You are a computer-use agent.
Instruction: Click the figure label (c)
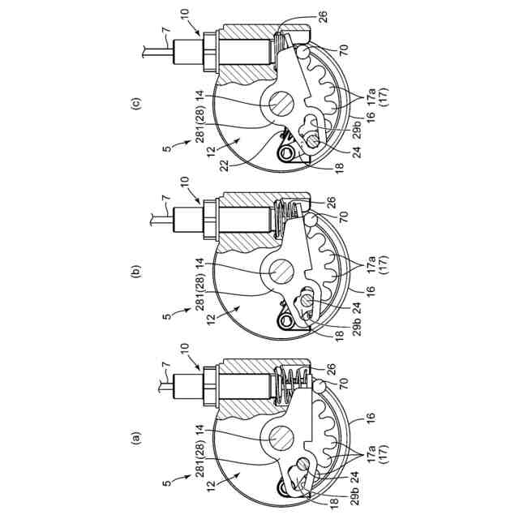coord(136,104)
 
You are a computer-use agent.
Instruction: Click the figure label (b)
coord(136,271)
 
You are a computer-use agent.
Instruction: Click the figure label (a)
coord(136,438)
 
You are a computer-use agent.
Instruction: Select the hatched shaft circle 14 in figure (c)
coord(281,103)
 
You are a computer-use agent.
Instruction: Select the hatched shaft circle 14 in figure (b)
coord(281,271)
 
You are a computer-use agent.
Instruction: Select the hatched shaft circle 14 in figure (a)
coord(281,438)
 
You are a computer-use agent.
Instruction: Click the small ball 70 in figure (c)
coord(304,52)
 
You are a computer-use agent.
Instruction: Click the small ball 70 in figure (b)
coord(311,220)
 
